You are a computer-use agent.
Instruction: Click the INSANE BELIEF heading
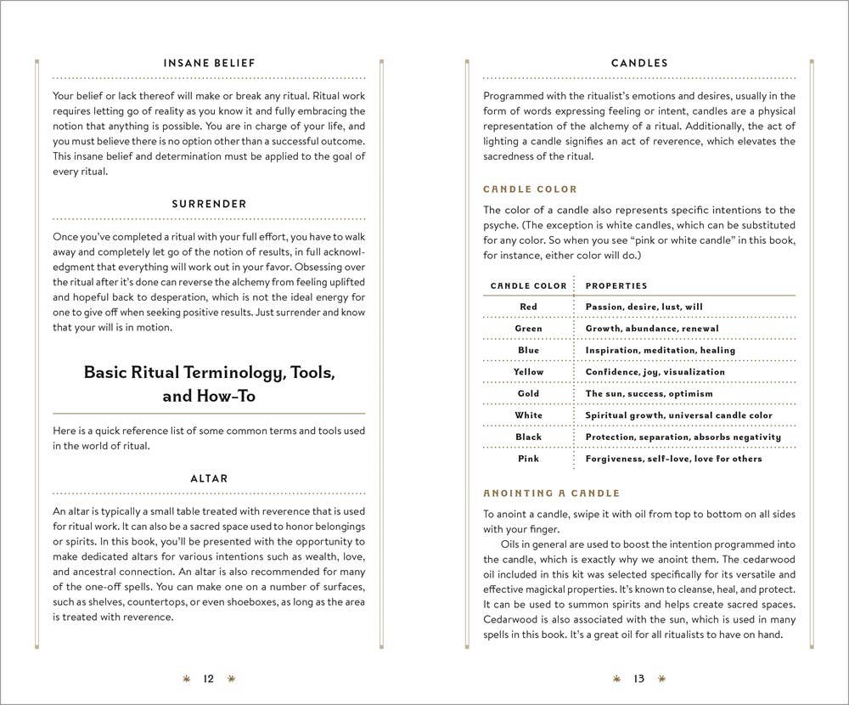tap(209, 63)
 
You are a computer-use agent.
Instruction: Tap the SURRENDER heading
tap(209, 204)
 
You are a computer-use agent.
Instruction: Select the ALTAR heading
tap(209, 478)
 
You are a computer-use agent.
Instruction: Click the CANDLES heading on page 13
tap(639, 63)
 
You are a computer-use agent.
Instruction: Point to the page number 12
tap(209, 679)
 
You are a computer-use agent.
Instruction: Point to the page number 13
tap(639, 679)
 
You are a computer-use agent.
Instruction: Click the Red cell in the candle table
tap(528, 307)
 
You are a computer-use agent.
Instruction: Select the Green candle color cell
tap(528, 329)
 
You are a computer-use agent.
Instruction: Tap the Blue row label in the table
tap(528, 350)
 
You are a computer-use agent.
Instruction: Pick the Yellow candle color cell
tap(528, 372)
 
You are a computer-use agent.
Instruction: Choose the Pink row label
tap(528, 459)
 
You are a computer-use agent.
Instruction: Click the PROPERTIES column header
tap(616, 286)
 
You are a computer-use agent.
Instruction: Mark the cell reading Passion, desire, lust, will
tap(644, 307)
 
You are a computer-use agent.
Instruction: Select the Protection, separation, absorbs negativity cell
tap(683, 437)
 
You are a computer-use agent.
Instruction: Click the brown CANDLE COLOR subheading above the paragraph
tap(530, 189)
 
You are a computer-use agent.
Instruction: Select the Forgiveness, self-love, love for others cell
tap(674, 459)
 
